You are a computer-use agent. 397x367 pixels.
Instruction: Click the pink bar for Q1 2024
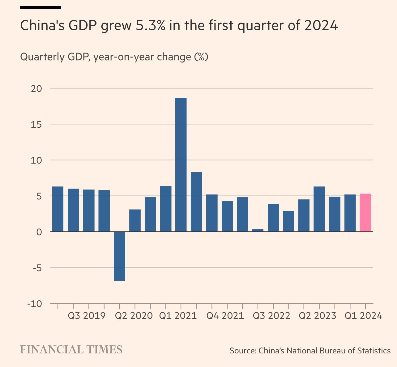365,213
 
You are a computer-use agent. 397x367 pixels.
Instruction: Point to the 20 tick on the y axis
36,89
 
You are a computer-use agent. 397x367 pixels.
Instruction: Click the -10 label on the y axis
34,304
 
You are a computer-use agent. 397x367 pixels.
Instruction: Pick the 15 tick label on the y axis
36,124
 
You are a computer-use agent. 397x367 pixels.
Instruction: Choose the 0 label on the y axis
39,232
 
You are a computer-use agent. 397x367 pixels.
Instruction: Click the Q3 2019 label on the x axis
87,316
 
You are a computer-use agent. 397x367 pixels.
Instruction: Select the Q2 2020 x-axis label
134,316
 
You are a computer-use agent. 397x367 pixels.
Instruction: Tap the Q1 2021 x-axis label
178,316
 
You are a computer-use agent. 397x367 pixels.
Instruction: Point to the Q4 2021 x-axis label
225,316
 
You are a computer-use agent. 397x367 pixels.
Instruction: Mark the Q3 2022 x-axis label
271,316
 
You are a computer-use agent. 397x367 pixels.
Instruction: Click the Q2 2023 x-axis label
317,316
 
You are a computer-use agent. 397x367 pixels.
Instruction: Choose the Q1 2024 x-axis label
363,316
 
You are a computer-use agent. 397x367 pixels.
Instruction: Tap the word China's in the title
42,26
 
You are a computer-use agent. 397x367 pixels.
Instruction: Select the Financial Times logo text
71,350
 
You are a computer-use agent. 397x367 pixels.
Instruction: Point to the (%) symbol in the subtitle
201,57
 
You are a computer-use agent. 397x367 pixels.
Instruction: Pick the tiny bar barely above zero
258,230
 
